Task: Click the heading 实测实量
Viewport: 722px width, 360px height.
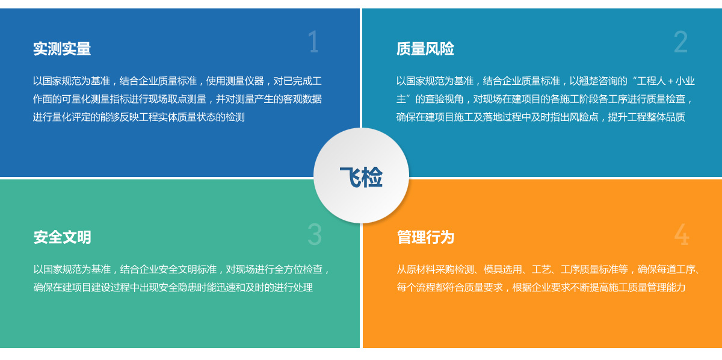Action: point(62,49)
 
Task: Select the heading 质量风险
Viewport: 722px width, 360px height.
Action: point(425,49)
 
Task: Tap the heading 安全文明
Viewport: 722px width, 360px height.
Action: point(62,237)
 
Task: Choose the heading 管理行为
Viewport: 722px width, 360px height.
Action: point(426,237)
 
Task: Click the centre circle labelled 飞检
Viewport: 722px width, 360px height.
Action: point(362,175)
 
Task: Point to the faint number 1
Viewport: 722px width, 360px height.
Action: point(313,42)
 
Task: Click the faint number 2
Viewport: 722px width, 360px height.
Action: point(680,42)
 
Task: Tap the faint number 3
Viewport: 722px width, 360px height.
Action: point(315,235)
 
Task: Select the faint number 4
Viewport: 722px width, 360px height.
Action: point(682,235)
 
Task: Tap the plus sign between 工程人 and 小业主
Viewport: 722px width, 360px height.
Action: point(670,81)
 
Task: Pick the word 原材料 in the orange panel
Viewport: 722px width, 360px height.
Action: point(421,269)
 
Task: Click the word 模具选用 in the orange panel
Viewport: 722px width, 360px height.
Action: point(502,269)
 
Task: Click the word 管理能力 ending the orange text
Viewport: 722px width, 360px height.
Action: point(666,287)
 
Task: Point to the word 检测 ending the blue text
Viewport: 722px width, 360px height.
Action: point(235,117)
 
